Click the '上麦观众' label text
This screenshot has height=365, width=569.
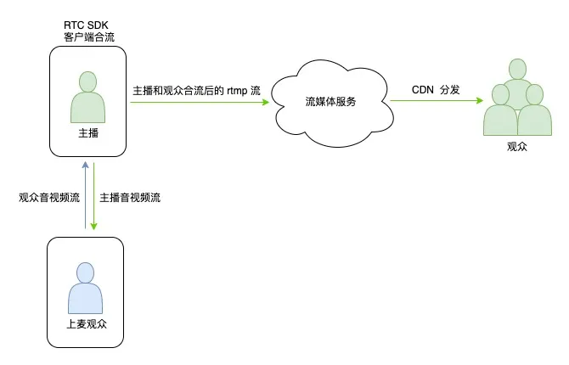[86, 325]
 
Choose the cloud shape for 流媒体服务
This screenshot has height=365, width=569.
[330, 103]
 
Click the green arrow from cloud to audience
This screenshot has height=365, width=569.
[435, 104]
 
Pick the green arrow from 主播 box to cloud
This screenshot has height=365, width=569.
[200, 104]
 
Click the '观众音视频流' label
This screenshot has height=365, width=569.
[48, 198]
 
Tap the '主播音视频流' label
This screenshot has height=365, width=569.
[130, 198]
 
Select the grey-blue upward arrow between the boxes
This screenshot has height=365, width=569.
[85, 195]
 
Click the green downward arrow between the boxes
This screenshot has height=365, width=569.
[94, 195]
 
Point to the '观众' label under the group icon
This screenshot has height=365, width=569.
[516, 147]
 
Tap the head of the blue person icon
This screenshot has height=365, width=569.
[85, 272]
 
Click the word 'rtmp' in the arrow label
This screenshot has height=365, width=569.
[237, 90]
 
